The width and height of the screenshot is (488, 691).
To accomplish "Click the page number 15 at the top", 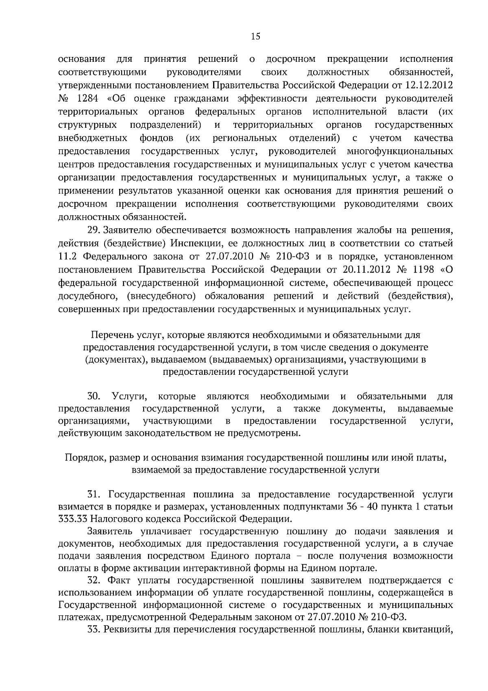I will point(255,37).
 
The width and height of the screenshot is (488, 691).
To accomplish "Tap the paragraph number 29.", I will point(94,230).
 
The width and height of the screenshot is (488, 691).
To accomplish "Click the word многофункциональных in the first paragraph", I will point(400,151).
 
